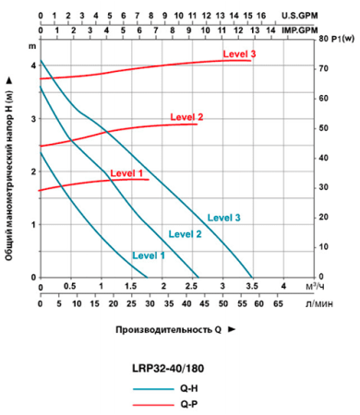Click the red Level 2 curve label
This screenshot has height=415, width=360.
(x=186, y=117)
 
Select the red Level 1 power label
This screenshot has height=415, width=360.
(x=126, y=172)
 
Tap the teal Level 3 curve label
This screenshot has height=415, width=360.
(x=224, y=217)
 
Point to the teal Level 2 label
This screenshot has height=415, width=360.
(x=185, y=234)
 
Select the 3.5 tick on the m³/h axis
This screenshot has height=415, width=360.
(x=254, y=287)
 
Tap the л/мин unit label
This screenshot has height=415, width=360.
(x=323, y=302)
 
